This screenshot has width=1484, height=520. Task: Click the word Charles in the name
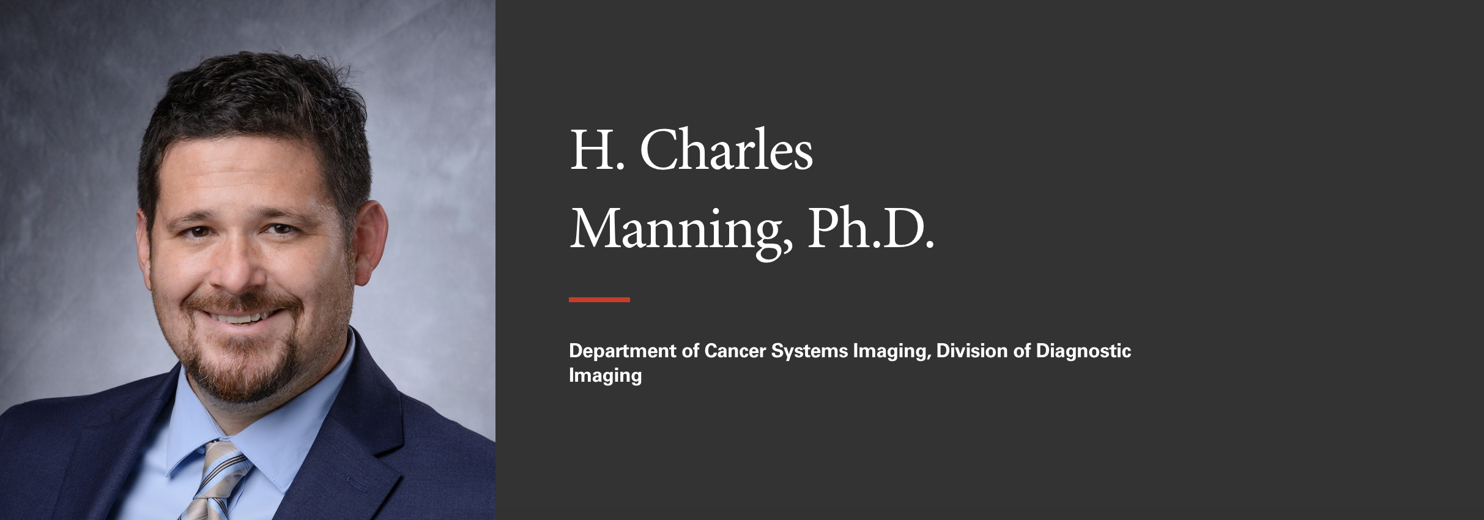[726, 149]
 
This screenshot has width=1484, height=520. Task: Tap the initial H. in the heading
[597, 150]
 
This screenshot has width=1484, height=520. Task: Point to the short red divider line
[599, 300]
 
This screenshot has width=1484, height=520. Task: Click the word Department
[621, 351]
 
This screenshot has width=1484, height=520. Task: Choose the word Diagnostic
[1083, 352]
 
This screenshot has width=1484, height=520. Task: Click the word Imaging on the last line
[606, 375]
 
